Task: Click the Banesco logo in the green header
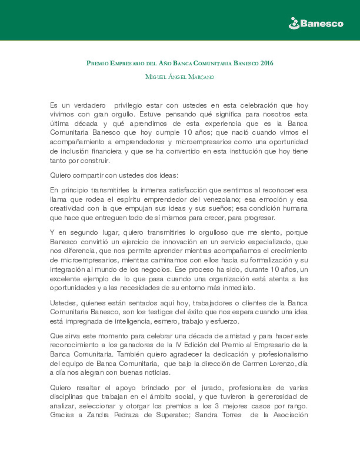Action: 316,24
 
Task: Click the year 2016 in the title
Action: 267,63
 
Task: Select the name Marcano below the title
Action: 201,77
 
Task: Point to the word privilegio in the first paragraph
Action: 128,105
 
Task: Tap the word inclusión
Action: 75,151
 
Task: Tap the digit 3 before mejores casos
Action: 217,406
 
